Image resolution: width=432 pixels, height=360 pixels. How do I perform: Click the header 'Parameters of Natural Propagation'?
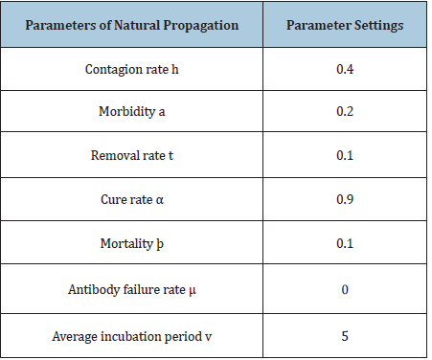132,25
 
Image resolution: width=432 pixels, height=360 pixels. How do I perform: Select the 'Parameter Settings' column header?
345,25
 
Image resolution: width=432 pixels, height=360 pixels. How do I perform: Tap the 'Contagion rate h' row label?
132,69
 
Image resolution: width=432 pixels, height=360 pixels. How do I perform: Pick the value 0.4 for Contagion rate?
345,69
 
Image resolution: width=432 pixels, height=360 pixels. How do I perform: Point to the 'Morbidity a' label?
132,112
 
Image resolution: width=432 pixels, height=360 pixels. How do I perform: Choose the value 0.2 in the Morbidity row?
345,111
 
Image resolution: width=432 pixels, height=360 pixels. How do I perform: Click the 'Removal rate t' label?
132,155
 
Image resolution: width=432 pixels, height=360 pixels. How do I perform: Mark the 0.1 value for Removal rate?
345,155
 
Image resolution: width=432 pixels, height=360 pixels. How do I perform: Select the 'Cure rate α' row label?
132,199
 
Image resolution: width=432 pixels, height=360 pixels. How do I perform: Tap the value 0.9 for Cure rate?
345,199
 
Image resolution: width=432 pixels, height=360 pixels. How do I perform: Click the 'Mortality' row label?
132,244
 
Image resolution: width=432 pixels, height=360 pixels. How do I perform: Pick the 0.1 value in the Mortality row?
345,243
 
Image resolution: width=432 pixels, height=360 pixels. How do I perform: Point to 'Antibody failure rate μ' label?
132,290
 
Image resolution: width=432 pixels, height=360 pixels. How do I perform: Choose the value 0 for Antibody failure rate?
345,289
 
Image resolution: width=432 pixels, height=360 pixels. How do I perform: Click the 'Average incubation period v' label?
132,337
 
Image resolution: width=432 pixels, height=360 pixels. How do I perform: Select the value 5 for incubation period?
345,336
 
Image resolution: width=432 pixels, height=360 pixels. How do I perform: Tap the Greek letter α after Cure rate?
160,200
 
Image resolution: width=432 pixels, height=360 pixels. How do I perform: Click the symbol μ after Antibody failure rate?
193,291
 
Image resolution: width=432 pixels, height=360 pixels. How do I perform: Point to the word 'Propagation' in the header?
201,26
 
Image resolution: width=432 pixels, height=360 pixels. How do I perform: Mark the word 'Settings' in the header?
379,26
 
